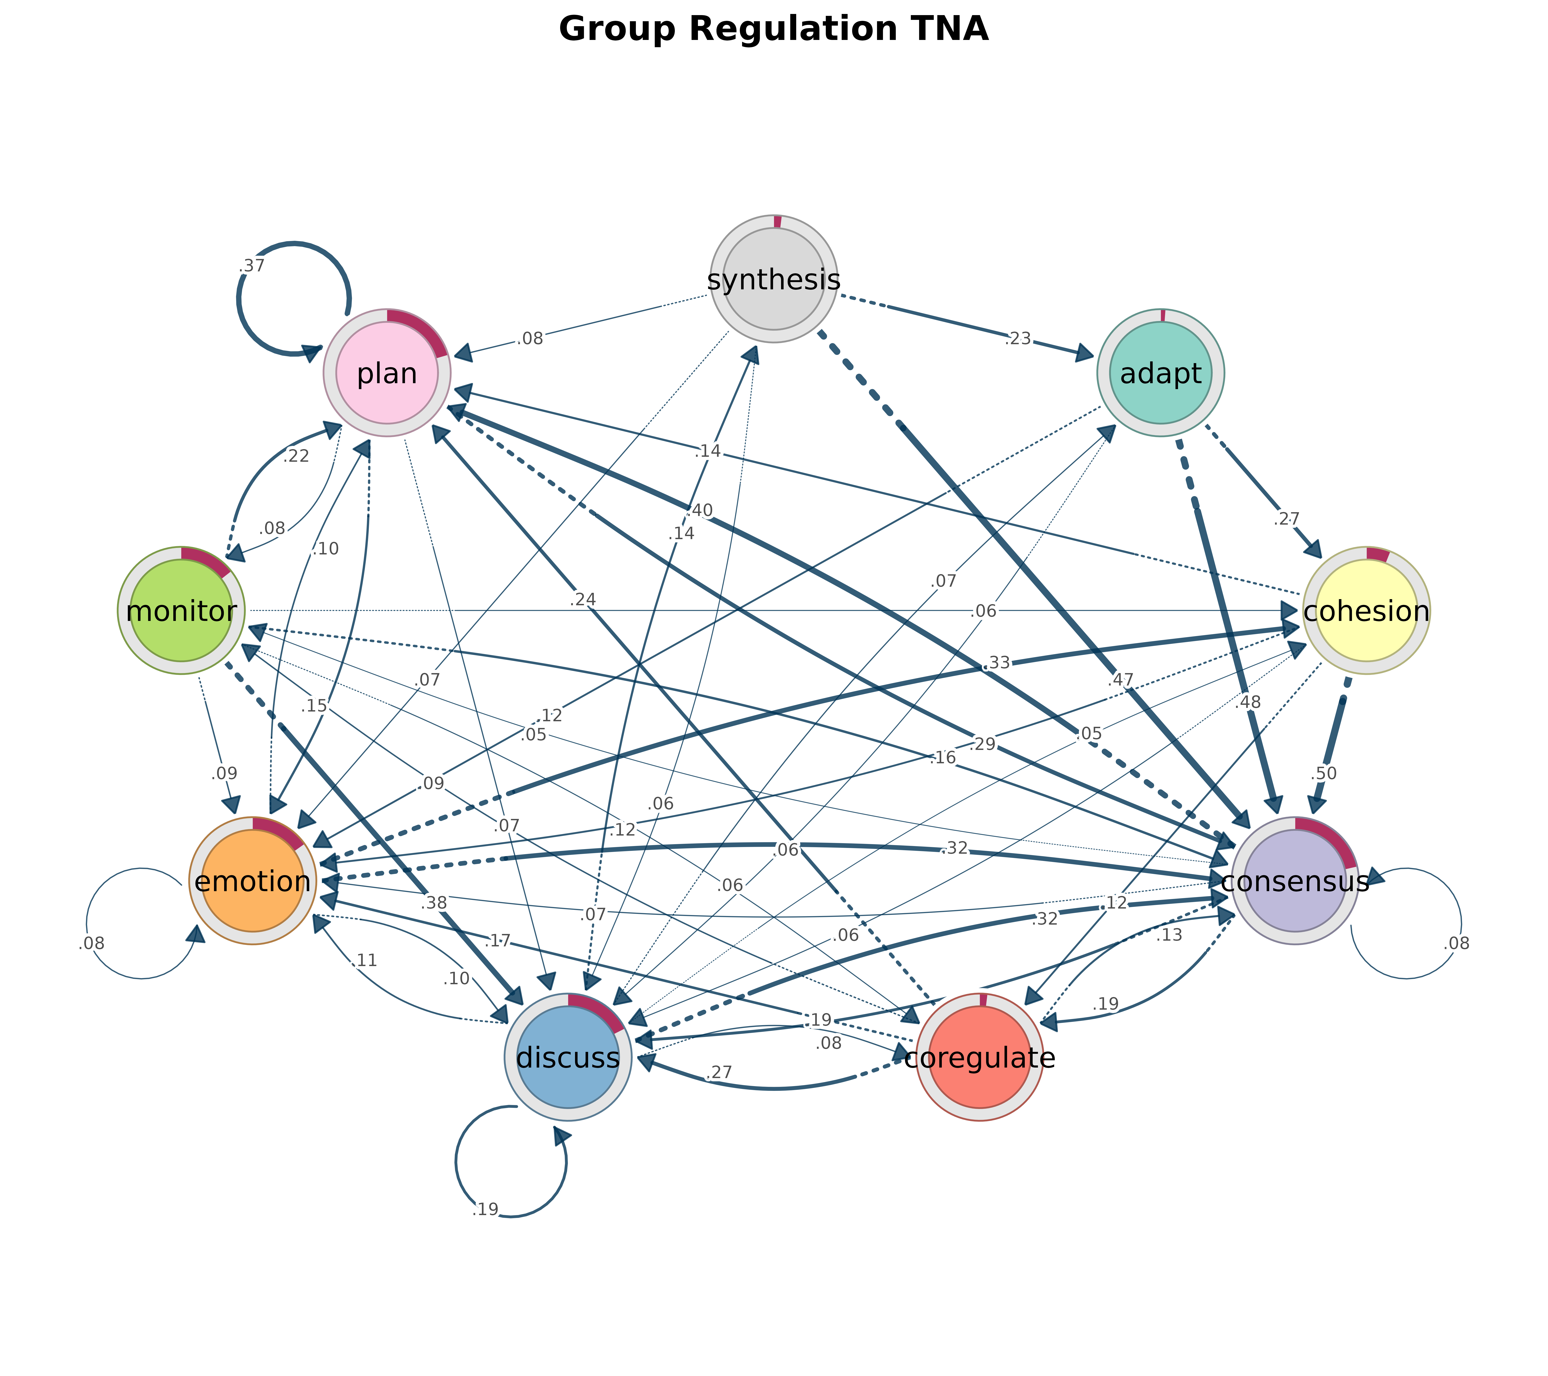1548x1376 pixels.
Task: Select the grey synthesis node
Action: pyautogui.click(x=773, y=279)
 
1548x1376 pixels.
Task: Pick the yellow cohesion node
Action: pyautogui.click(x=1366, y=610)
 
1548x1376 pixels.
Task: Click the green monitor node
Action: pyautogui.click(x=181, y=610)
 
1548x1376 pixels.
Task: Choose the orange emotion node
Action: pyautogui.click(x=252, y=881)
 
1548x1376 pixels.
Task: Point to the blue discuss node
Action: pyautogui.click(x=568, y=1057)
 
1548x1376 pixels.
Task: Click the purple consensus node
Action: pyautogui.click(x=1295, y=881)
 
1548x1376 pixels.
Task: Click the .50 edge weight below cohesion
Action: pyautogui.click(x=1323, y=773)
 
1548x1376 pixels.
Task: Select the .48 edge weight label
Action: pyautogui.click(x=1247, y=702)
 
